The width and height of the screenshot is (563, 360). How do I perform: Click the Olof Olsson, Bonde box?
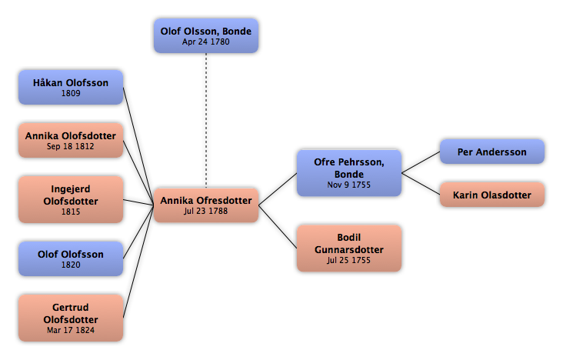pyautogui.click(x=206, y=36)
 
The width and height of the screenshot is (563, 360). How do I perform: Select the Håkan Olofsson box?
pyautogui.click(x=71, y=87)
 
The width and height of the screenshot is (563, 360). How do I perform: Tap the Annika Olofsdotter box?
pyautogui.click(x=71, y=141)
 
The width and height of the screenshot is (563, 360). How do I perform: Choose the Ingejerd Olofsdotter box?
pyautogui.click(x=71, y=199)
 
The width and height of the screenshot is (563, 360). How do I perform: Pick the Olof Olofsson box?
pyautogui.click(x=71, y=258)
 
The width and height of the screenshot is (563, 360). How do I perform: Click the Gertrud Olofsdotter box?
pyautogui.click(x=71, y=318)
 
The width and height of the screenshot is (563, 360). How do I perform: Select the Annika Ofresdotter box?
pyautogui.click(x=206, y=205)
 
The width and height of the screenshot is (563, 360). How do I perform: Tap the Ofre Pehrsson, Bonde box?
pyautogui.click(x=349, y=173)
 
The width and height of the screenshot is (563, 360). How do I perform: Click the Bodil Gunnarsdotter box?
pyautogui.click(x=349, y=248)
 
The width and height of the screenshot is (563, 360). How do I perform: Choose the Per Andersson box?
pyautogui.click(x=492, y=152)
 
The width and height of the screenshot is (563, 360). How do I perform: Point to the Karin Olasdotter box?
pyautogui.click(x=492, y=195)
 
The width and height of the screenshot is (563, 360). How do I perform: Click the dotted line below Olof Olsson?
pyautogui.click(x=206, y=121)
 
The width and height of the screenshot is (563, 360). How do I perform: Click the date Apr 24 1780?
pyautogui.click(x=205, y=42)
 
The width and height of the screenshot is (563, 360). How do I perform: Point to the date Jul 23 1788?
pyautogui.click(x=205, y=211)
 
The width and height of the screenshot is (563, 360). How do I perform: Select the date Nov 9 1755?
pyautogui.click(x=348, y=185)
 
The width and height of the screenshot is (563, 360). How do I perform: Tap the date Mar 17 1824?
pyautogui.click(x=71, y=330)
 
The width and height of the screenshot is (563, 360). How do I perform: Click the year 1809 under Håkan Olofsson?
pyautogui.click(x=71, y=93)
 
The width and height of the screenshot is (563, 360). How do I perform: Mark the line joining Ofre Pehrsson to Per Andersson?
pyautogui.click(x=421, y=162)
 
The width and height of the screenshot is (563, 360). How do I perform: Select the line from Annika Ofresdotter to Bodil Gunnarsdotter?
pyautogui.click(x=278, y=227)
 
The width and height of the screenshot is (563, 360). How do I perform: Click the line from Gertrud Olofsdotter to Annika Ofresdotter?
pyautogui.click(x=138, y=262)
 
